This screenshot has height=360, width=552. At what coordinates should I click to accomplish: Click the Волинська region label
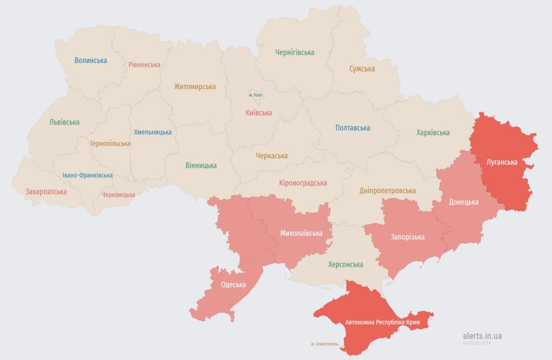91,60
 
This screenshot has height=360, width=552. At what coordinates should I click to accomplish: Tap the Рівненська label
144,65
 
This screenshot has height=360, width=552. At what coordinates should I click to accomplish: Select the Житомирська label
194,87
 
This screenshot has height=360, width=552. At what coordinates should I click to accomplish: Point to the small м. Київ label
256,94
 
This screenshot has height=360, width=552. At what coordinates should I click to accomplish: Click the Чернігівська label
295,53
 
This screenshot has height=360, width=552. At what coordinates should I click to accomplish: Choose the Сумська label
362,69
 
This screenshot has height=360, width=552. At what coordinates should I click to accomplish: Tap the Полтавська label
353,128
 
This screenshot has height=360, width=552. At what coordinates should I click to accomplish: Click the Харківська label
433,133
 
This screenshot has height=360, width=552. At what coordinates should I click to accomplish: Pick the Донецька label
464,202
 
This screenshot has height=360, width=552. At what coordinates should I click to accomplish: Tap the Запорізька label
408,237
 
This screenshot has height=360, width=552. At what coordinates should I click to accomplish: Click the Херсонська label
345,264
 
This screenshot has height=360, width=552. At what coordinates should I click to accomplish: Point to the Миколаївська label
301,233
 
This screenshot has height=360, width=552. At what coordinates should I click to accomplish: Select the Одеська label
233,285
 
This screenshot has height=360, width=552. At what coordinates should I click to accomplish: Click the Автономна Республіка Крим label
383,322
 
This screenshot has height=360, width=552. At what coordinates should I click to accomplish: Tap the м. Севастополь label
325,344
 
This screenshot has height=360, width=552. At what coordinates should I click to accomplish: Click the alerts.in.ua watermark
482,336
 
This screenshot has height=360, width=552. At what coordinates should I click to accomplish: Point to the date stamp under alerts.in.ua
477,343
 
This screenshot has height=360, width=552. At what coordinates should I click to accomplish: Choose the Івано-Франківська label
88,175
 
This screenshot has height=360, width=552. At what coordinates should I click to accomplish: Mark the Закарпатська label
46,191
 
